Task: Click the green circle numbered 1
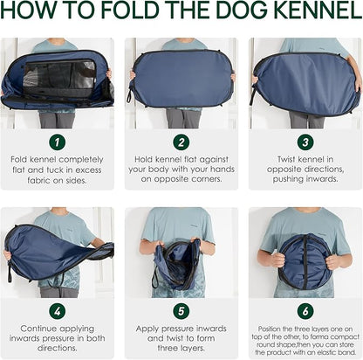tap(57, 141)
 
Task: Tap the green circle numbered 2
tap(181, 141)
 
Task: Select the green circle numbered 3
tap(305, 141)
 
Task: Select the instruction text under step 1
tap(57, 170)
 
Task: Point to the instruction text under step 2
tap(181, 170)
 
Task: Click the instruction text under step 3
tap(305, 170)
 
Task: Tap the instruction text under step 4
tap(57, 337)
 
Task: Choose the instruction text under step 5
tap(181, 337)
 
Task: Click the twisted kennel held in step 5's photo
tap(180, 262)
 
